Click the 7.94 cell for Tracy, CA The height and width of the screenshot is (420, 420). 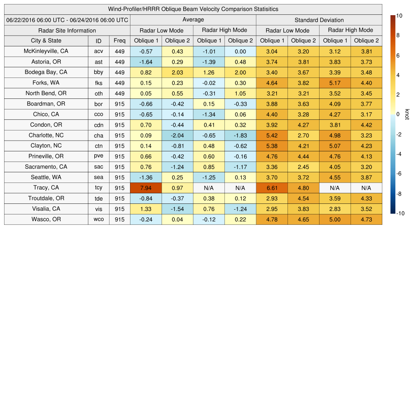146,188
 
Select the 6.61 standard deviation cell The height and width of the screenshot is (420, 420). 272,188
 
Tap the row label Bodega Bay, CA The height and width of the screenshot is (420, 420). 46,72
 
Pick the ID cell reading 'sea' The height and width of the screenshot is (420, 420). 98,178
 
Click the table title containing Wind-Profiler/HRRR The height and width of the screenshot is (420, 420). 193,9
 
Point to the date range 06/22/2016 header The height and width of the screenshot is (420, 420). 67,20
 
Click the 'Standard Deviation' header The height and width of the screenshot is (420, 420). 319,20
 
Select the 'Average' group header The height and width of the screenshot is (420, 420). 193,20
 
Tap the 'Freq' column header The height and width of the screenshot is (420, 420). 120,41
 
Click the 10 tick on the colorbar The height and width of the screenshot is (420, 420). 399,16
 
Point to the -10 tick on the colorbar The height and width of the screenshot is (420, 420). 400,213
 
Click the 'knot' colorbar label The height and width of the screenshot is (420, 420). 407,114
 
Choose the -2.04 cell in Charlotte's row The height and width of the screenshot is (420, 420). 177,135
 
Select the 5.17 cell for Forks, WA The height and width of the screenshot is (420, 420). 335,83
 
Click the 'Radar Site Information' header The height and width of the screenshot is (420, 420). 67,30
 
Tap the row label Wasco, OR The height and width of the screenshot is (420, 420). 46,219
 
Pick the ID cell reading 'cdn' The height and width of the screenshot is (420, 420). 98,125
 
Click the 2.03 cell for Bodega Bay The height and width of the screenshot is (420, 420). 177,72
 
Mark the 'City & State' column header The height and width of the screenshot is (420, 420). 46,41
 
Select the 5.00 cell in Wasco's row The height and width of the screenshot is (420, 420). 335,219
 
